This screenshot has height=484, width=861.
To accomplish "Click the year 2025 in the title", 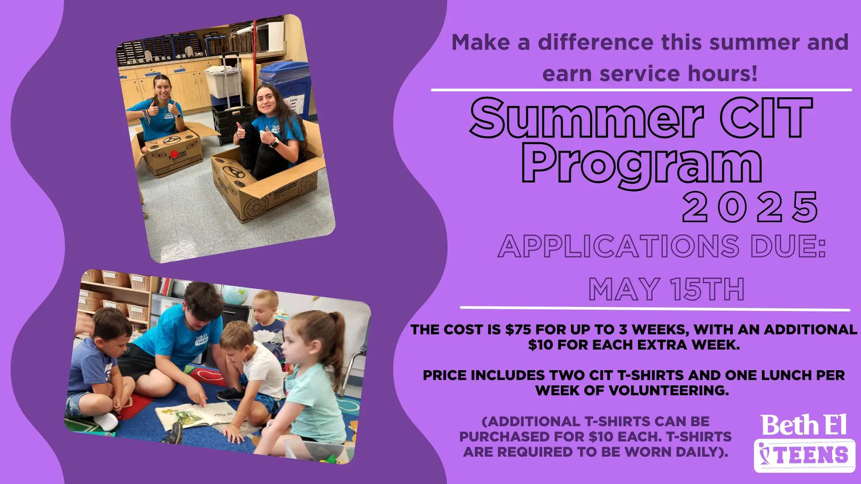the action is pos(750,207).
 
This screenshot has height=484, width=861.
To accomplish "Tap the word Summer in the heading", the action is pos(587,118).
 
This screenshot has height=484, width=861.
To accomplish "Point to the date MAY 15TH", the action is pos(666,289).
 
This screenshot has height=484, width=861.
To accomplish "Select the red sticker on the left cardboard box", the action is pos(174,153).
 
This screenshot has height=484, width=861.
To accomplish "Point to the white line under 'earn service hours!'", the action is pos(641,90).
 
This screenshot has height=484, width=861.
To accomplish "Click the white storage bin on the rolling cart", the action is pos(223,81).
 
